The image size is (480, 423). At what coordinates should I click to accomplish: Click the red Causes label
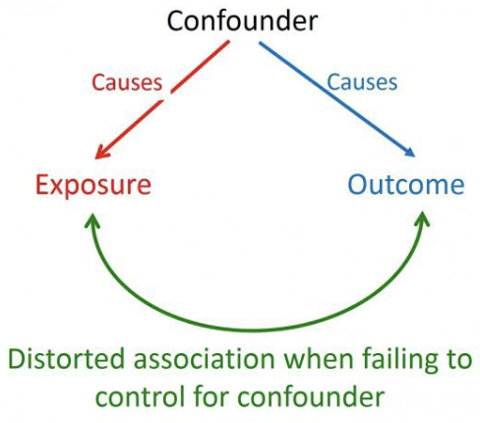point(127,83)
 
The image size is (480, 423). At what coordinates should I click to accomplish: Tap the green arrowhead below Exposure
point(93,218)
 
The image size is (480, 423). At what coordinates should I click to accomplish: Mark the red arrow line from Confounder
point(162,97)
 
